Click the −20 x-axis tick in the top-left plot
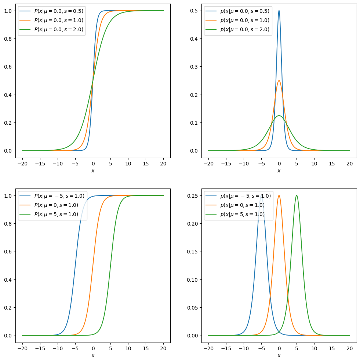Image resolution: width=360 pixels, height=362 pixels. (x=22, y=164)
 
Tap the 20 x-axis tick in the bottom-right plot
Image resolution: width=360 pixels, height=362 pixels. (x=350, y=348)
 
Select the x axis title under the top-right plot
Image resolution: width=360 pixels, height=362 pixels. (x=279, y=171)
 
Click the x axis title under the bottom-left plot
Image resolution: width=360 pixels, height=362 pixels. (x=93, y=355)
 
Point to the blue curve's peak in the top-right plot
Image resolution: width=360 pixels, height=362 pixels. (x=279, y=11)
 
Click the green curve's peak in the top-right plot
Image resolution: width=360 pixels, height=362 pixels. (x=279, y=116)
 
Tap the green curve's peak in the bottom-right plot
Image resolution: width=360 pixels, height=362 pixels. (x=297, y=195)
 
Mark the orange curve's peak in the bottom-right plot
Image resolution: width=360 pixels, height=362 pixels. (x=279, y=195)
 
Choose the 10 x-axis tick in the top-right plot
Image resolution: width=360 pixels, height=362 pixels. (x=314, y=164)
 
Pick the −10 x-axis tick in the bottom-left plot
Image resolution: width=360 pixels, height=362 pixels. (x=57, y=348)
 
